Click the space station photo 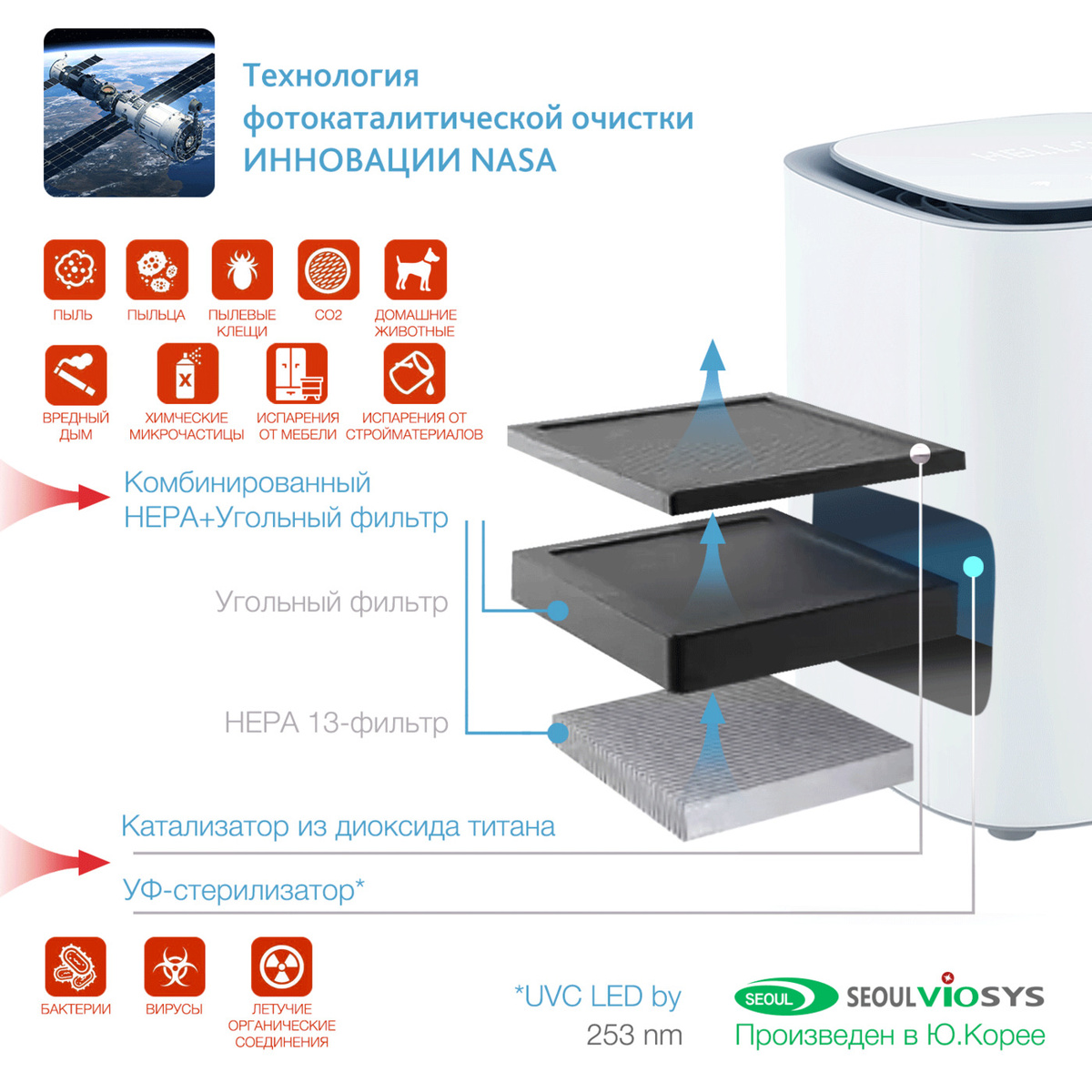coord(129,113)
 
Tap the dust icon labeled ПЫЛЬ coord(75,269)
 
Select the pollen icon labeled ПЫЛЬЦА coord(157,269)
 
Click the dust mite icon coord(242,269)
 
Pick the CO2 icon coord(328,269)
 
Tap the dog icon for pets coord(415,269)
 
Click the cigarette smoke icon coord(76,374)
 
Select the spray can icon coord(187,374)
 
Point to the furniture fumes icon coord(297,374)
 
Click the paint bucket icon coord(414,374)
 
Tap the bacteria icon coord(76,967)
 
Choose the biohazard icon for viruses coord(174,967)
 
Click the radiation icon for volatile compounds coord(281,967)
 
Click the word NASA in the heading coord(513,160)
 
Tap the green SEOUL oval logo coord(785,996)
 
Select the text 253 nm coord(634,1035)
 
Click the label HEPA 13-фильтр coord(336,723)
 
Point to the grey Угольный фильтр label coord(331,602)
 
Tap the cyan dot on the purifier coord(973,567)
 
